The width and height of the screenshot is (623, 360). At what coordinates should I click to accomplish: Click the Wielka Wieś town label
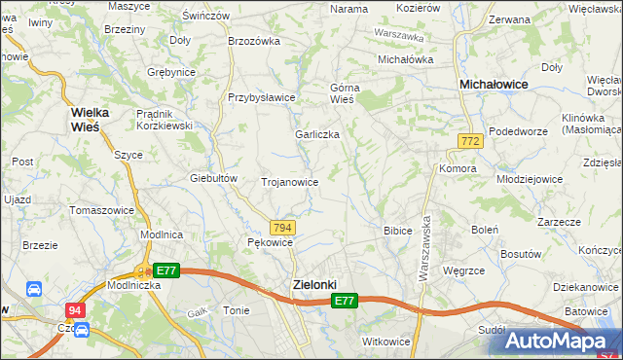point(89,120)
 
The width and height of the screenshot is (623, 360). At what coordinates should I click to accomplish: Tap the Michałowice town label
point(494,86)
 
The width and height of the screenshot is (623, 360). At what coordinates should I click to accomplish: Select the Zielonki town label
point(314,284)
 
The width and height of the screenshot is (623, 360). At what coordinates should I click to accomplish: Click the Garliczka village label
point(317,134)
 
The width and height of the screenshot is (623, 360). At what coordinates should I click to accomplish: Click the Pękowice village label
point(270,242)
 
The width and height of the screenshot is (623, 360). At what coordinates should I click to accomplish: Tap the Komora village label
point(458,168)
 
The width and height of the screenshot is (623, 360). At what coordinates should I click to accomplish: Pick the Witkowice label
point(385,342)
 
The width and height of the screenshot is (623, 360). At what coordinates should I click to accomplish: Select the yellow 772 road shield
point(470,142)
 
